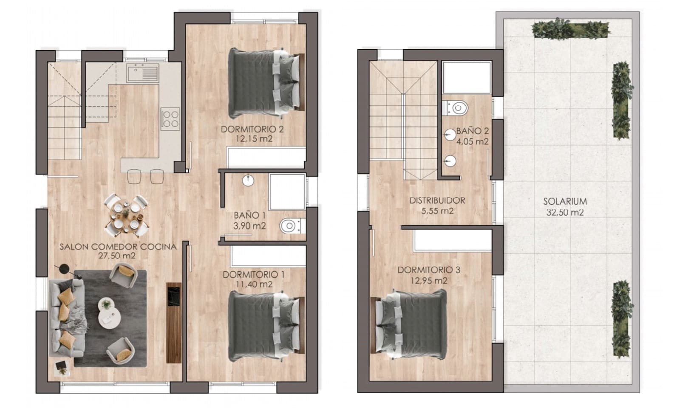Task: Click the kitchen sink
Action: click(x=143, y=73)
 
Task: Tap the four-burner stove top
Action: click(x=170, y=118)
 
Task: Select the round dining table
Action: click(x=126, y=215)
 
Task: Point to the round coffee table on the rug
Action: click(x=109, y=312)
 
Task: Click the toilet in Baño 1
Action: click(x=292, y=225)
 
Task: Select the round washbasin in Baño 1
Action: click(x=248, y=180)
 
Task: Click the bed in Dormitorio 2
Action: click(x=266, y=83)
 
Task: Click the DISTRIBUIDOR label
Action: click(x=437, y=200)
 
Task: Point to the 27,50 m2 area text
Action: click(x=117, y=256)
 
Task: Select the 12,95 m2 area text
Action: click(x=429, y=281)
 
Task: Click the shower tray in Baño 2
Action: click(x=467, y=78)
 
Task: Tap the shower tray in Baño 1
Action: click(x=287, y=191)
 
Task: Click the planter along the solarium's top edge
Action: click(x=571, y=30)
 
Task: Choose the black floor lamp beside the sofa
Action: click(x=64, y=269)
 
